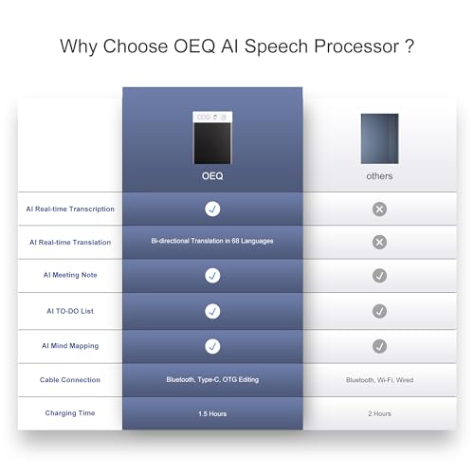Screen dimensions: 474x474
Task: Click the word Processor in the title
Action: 356,46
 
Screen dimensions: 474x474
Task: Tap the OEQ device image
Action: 212,137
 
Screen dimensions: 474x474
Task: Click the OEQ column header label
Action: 212,176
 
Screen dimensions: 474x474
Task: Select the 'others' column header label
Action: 379,176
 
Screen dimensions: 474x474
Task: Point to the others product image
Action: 379,138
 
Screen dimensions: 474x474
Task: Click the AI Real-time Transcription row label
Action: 70,209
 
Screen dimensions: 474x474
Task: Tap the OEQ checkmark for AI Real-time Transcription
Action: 212,209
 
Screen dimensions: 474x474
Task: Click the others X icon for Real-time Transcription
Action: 379,209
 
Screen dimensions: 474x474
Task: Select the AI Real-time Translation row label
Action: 70,243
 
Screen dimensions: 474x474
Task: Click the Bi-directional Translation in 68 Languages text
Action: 212,241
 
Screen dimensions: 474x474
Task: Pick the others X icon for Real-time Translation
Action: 379,243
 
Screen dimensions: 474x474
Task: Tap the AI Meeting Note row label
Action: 70,275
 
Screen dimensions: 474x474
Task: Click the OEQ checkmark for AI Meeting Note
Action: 212,276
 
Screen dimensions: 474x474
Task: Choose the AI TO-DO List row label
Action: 70,311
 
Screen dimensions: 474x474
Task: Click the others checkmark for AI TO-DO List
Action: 379,311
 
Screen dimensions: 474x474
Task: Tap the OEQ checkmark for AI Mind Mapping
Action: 212,346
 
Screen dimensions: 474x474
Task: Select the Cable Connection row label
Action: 70,380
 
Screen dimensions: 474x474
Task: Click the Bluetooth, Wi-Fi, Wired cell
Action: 379,380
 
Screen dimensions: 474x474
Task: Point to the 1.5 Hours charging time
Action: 212,413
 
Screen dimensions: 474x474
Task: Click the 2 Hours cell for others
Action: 379,413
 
